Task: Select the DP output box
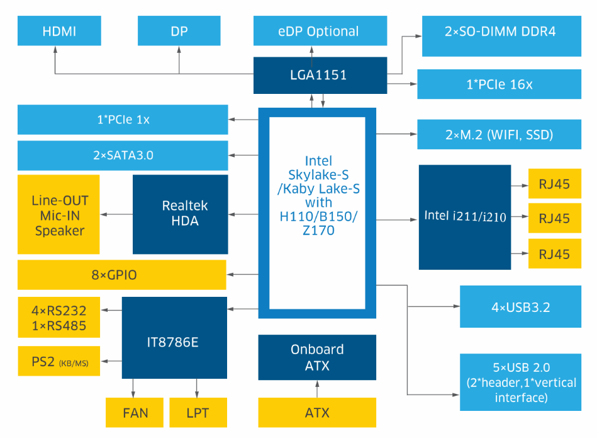tap(179, 32)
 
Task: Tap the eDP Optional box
tap(318, 32)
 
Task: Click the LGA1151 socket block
tap(320, 75)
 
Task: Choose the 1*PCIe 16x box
tap(499, 84)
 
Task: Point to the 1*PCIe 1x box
tap(123, 119)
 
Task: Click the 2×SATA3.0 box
tap(123, 155)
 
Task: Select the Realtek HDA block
tap(180, 214)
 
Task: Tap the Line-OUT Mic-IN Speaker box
tap(59, 215)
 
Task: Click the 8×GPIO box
tap(121, 275)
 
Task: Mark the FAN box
tap(135, 413)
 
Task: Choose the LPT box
tap(198, 413)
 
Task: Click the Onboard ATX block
tap(317, 357)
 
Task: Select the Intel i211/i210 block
tap(464, 217)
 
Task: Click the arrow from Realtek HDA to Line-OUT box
tap(116, 214)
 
